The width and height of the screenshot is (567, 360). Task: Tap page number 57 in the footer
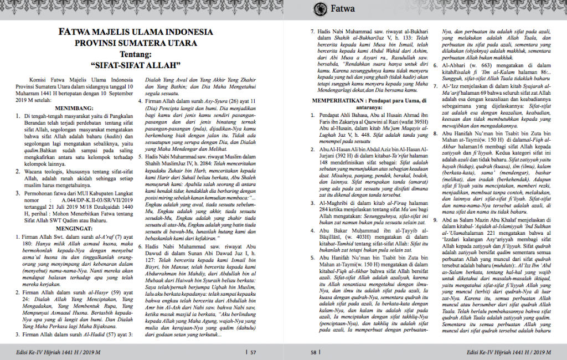click(253, 351)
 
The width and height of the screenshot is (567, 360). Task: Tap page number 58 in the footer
click(313, 351)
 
